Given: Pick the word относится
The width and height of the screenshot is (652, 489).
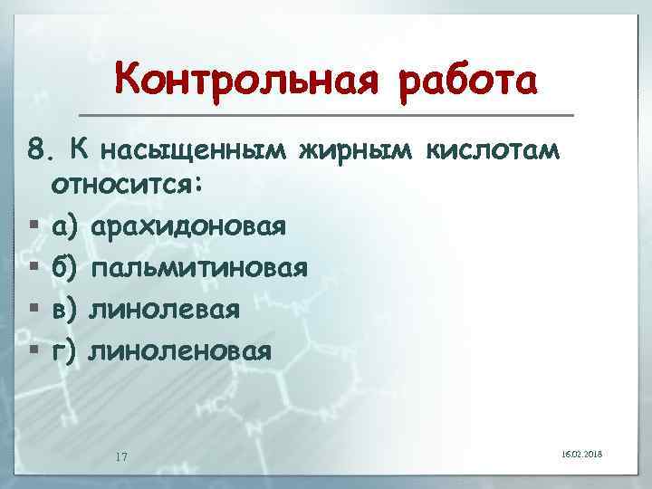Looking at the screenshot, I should point(129,186).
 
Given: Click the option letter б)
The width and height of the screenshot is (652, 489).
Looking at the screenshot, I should point(68,267).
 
